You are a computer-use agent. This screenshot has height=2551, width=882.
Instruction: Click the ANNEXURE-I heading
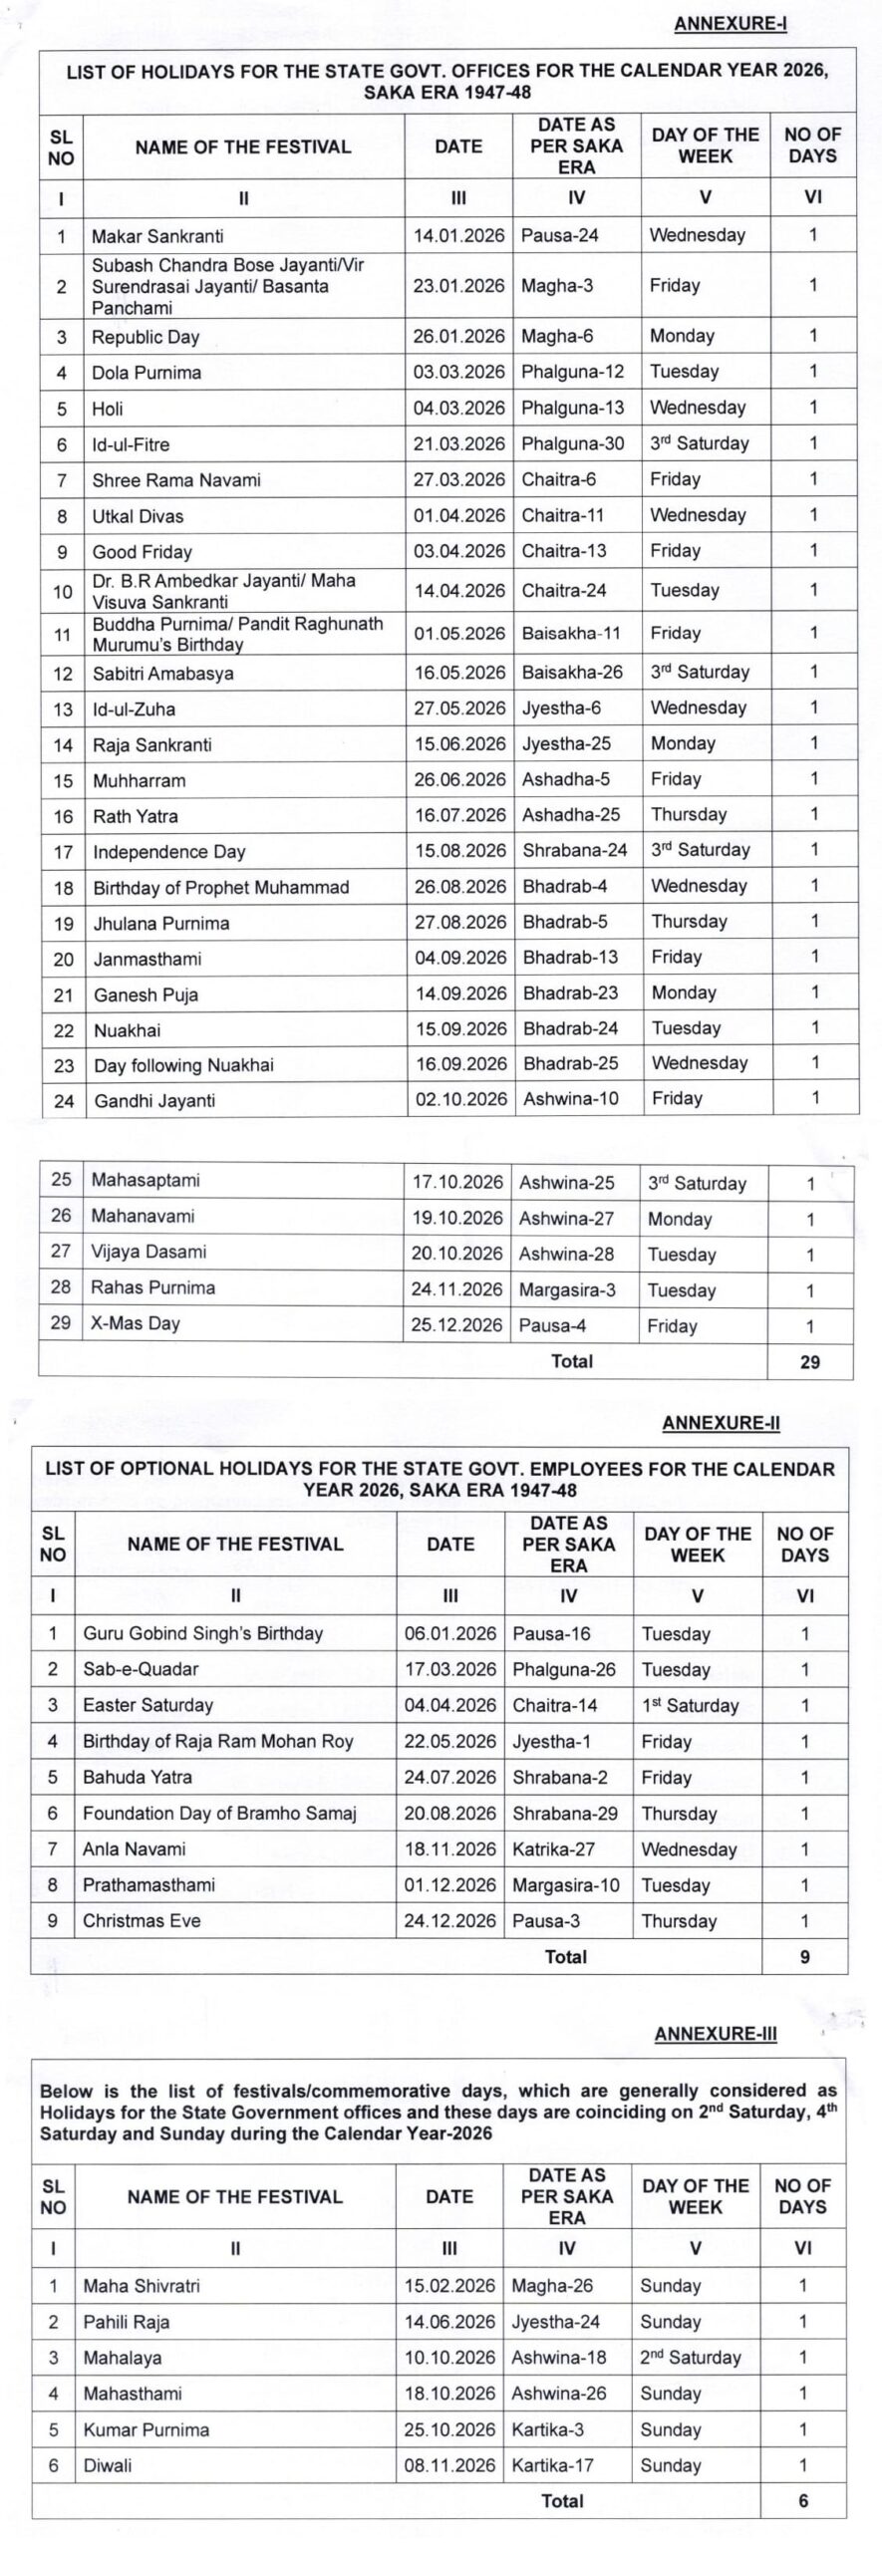point(730,24)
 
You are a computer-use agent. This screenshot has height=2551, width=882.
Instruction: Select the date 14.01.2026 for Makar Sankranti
point(458,236)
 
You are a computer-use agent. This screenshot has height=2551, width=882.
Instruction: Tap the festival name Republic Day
point(146,337)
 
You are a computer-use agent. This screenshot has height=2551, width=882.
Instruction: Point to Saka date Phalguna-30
point(572,443)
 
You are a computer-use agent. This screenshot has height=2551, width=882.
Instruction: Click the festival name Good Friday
point(142,552)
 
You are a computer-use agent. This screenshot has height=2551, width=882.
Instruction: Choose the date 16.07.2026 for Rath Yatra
point(460,815)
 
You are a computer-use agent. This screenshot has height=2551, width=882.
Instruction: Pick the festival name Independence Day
point(168,852)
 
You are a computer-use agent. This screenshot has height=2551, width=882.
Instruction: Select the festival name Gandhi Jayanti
point(154,1101)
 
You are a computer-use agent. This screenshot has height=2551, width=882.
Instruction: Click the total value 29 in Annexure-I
point(809,1362)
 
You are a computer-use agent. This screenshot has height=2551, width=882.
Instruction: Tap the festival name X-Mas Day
point(136,1323)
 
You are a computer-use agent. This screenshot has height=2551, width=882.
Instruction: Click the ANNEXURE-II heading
point(721,1423)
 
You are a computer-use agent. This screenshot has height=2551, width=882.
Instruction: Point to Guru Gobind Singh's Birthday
point(202,1633)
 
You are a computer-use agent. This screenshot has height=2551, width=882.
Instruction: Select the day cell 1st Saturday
point(690,1705)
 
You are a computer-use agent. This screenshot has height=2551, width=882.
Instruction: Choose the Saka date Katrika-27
point(553,1848)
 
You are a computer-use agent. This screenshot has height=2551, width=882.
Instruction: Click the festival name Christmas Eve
point(142,1920)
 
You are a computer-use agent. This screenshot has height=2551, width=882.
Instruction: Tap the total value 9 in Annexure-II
point(804,1957)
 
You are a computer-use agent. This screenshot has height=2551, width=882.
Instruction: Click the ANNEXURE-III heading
point(715,2034)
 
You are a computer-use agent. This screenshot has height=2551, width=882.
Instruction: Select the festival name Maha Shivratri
point(142,2286)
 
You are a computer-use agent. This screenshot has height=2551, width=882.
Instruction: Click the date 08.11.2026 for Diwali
point(449,2465)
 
